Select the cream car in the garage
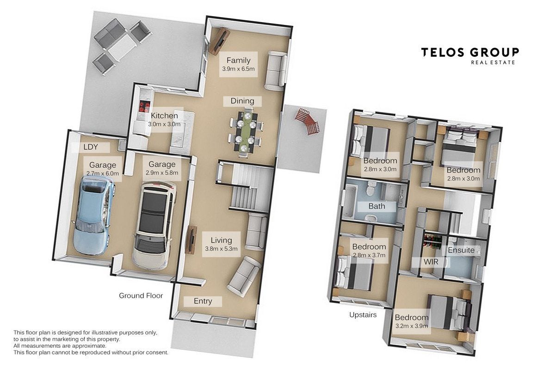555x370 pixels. coord(154,226)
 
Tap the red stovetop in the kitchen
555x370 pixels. coord(144,106)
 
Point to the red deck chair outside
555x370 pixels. coord(307,121)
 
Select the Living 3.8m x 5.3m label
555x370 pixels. coord(221,244)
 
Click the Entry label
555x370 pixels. coord(203,301)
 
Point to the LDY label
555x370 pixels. coord(91,147)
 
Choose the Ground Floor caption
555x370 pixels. coord(141,296)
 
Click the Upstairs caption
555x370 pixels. coord(363,315)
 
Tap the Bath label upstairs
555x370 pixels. coord(376,206)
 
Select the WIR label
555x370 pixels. coord(431,262)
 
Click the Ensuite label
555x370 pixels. coord(461,250)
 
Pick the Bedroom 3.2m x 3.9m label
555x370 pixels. coord(412,321)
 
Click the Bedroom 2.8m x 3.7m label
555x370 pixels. coord(369,251)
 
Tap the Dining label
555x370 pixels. coord(242,101)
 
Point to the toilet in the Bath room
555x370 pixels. coord(371,188)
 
